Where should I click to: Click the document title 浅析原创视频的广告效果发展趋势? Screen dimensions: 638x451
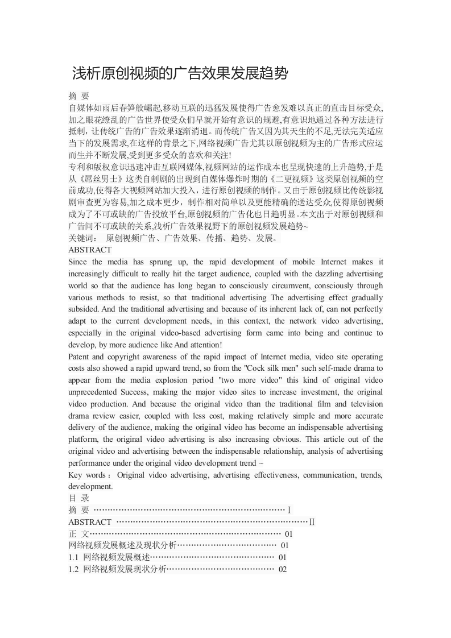pos(180,73)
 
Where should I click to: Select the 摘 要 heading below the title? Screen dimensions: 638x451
pos(78,96)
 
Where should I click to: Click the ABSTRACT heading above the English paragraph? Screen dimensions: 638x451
pos(90,250)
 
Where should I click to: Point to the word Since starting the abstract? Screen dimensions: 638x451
pos(78,262)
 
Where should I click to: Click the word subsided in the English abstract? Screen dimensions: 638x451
pos(84,309)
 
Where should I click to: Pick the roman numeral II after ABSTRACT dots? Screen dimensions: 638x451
pos(312,522)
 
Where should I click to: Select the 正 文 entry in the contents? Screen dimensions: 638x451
pos(78,534)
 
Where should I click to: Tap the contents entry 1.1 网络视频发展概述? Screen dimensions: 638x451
pos(109,557)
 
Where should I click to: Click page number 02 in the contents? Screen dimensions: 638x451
pos(283,569)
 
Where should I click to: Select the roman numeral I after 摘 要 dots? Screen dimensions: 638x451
pos(289,510)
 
